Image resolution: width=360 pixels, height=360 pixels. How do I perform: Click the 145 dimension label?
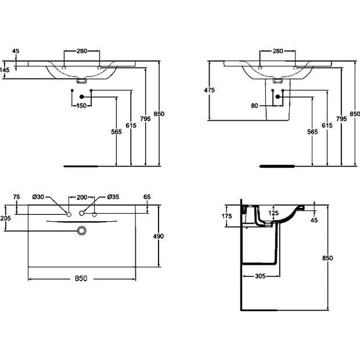pos(5,69)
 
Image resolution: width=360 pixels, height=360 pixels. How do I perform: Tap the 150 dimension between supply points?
pos(81,106)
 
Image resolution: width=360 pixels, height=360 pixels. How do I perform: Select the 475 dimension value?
pos(209,90)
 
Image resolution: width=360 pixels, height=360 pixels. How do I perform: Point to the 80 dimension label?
pos(254,106)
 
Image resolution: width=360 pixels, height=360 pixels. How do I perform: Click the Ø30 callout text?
pos(38,197)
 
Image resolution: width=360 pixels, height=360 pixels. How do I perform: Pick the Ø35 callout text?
pos(113,197)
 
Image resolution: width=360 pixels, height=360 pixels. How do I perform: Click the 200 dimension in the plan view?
pos(82,197)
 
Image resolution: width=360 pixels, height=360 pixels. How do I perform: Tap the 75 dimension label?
pos(16,197)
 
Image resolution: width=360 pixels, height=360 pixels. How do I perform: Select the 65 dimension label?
pos(147,197)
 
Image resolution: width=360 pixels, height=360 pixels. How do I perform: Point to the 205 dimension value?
pos(5,218)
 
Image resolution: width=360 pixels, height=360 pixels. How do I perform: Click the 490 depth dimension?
pos(159,236)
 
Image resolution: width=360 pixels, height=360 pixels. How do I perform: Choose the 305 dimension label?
pos(260,276)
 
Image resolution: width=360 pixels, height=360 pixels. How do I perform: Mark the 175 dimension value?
pos(227,216)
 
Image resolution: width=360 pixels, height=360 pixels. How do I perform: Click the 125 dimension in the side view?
pos(273,213)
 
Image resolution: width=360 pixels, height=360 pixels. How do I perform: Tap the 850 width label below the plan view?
pos(81,279)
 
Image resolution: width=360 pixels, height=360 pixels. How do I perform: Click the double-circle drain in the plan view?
pos(81,231)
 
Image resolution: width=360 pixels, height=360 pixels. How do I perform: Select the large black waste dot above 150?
pos(81,97)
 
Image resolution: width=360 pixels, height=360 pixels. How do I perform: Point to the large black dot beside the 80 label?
pos(278,97)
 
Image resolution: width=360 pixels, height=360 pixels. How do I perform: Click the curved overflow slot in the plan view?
pos(81,222)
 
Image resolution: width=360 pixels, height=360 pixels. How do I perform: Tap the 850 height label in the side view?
pos(327,258)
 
